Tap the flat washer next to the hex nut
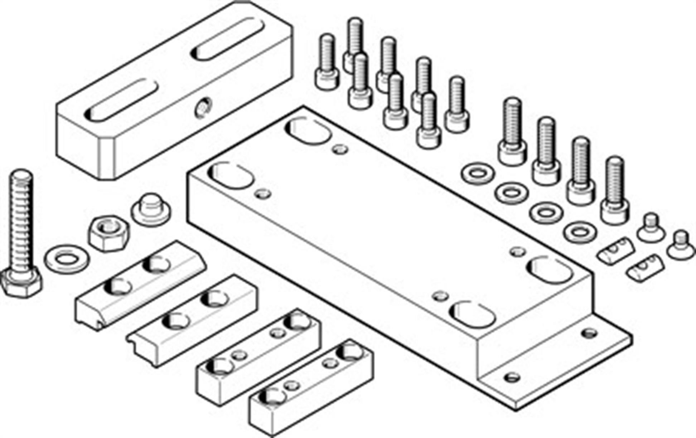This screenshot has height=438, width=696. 67,258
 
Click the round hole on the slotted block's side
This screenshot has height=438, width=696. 203,107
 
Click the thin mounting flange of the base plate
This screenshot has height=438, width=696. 559,361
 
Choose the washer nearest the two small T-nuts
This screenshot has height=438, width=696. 580,232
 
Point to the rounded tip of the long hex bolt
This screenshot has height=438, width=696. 22,175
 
